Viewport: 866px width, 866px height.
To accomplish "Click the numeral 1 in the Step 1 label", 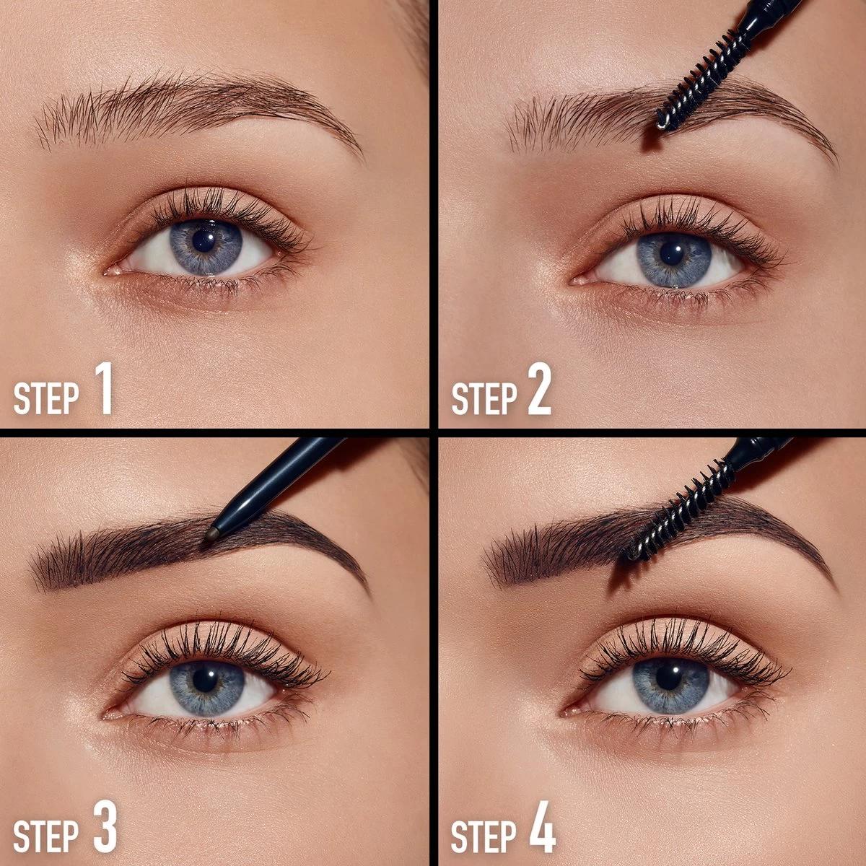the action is (x=105, y=388).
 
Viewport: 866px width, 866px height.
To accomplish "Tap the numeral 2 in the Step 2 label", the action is (x=539, y=388).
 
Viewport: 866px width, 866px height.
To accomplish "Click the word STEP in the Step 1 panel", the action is (x=46, y=398).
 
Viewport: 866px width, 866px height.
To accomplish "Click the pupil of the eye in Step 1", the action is (x=204, y=241).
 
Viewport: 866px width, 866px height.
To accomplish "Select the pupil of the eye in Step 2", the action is (x=672, y=254).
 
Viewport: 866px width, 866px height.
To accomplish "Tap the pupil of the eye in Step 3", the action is (x=206, y=680).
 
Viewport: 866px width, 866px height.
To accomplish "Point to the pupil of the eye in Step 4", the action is (x=669, y=677).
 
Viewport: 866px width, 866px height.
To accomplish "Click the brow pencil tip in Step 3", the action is (x=212, y=533).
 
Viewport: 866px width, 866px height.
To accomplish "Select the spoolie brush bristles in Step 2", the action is (x=701, y=82).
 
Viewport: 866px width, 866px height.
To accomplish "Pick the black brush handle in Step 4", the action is (x=759, y=452).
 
